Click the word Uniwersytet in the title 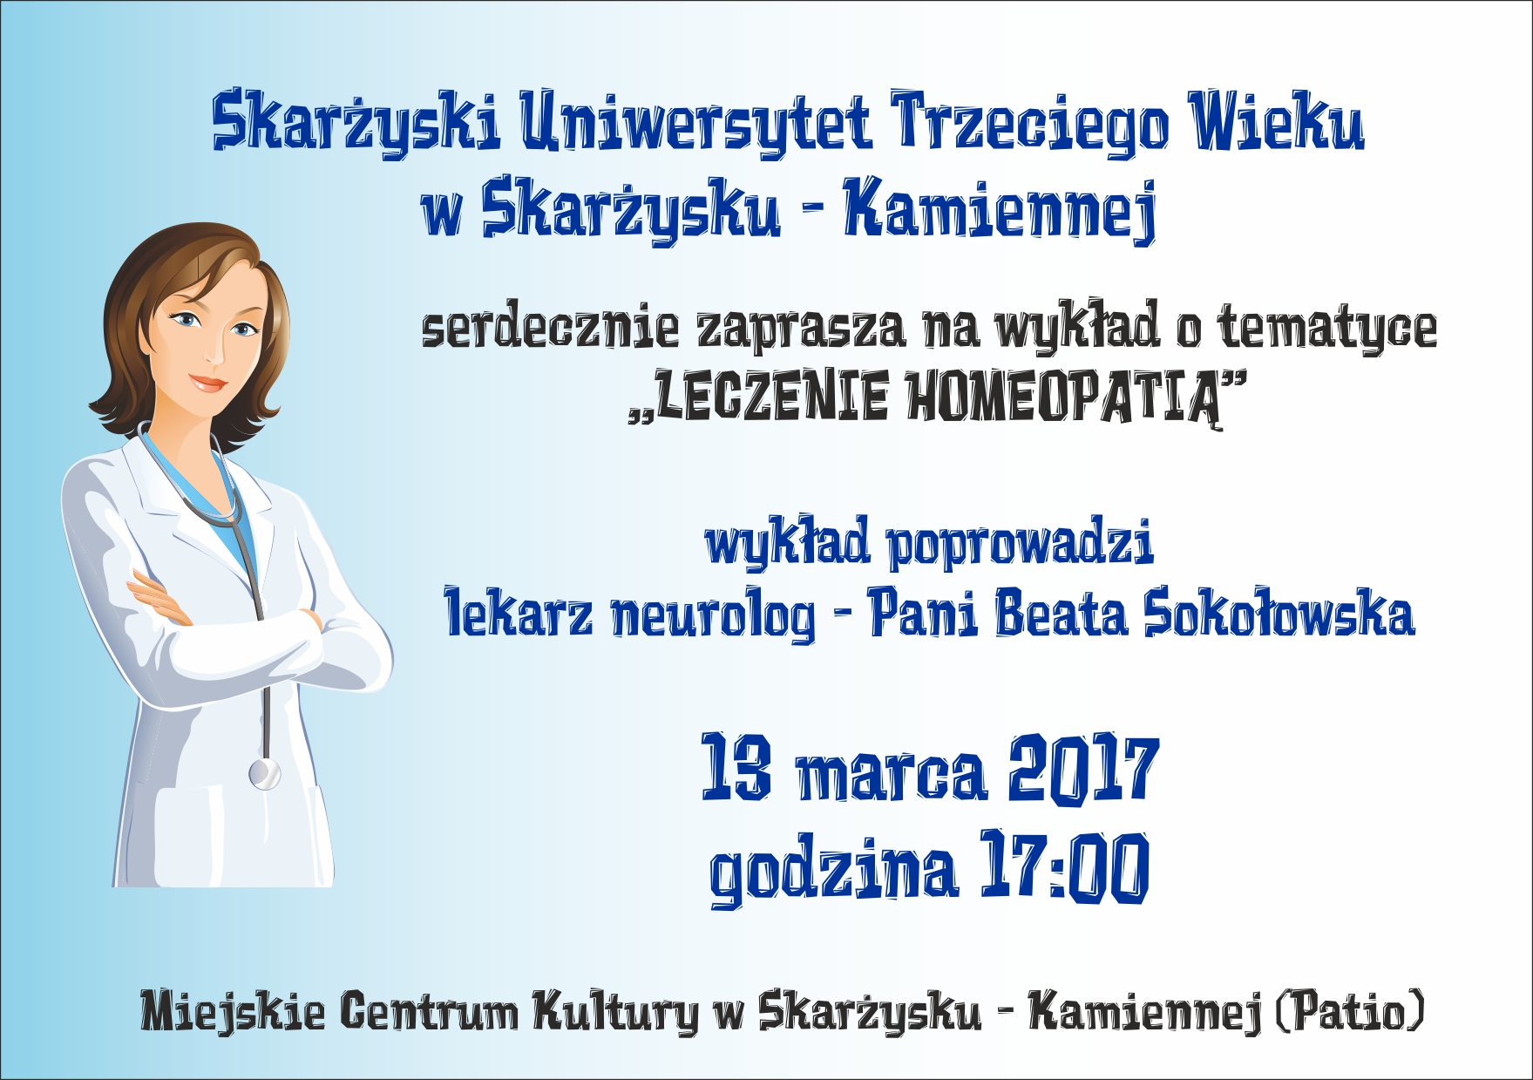[x=696, y=122]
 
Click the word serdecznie [x=550, y=327]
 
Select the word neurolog [x=713, y=615]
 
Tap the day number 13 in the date [x=736, y=766]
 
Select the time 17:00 [x=1066, y=866]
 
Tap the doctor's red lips [x=207, y=383]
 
